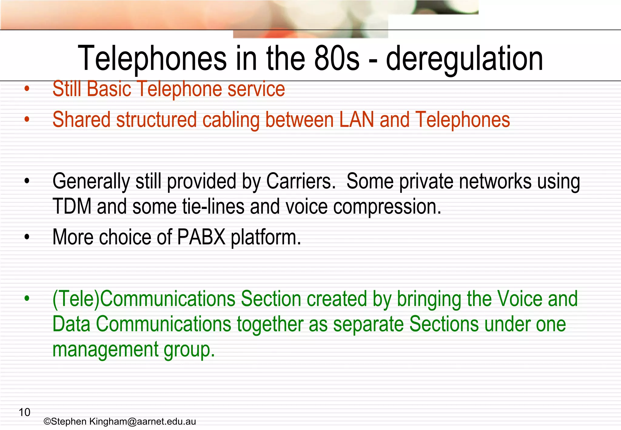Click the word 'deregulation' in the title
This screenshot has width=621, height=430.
click(464, 59)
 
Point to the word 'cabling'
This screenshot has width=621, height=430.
click(231, 120)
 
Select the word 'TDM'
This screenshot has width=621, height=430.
click(72, 207)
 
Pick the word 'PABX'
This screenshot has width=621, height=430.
click(201, 237)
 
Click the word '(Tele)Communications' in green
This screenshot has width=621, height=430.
click(144, 299)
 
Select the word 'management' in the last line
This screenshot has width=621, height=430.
click(105, 350)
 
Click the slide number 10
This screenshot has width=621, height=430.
click(25, 412)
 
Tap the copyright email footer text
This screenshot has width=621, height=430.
click(120, 422)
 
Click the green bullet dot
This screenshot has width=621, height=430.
click(27, 299)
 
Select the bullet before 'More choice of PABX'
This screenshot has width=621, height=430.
click(27, 237)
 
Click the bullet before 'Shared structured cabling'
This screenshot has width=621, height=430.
click(27, 119)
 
